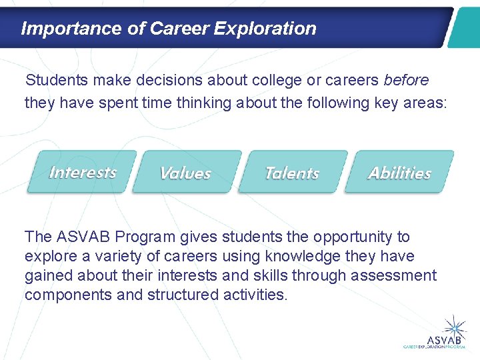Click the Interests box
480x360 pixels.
coord(82,172)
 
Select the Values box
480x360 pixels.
coord(186,173)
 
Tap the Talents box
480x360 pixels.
coord(292,173)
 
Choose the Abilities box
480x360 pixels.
coord(399,173)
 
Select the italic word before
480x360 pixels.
coord(406,81)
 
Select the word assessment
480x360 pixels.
coord(399,275)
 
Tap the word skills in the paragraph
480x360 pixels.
coord(269,275)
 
